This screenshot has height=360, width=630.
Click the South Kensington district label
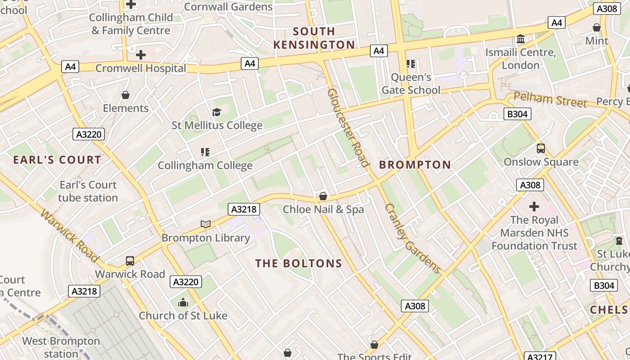[x=314, y=38]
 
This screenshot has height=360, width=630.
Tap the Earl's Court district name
[x=57, y=160]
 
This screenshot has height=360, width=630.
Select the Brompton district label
[x=415, y=165]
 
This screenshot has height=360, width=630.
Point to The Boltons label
[x=299, y=264]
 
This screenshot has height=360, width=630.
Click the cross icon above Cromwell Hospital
[x=141, y=55]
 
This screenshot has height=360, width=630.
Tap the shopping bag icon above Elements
[x=126, y=95]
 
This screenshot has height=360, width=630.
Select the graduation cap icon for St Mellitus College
[x=217, y=112]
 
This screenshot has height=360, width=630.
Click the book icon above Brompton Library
[x=206, y=224]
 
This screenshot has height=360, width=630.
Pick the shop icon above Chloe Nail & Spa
[x=323, y=196]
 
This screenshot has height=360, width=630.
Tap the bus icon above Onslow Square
[x=541, y=148]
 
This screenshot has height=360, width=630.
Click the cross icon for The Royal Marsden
[x=534, y=207]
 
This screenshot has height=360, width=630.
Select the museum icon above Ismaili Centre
[x=521, y=39]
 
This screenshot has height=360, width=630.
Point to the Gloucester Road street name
[x=348, y=127]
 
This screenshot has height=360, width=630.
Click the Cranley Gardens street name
[x=413, y=239]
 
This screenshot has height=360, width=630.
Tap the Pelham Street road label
[x=550, y=100]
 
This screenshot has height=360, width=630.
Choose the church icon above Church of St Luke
[x=183, y=302]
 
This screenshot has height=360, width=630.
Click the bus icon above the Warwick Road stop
[x=130, y=261]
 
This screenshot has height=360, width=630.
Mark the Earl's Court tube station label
[x=88, y=191]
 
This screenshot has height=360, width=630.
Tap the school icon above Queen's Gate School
[x=410, y=64]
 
